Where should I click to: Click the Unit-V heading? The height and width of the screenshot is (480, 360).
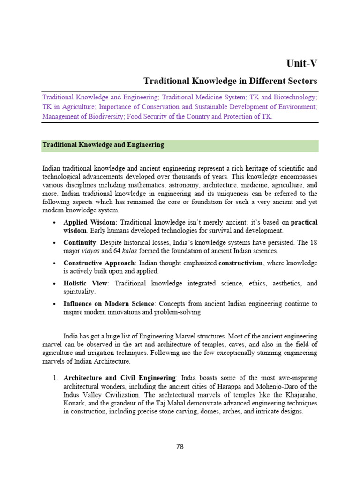(302, 63)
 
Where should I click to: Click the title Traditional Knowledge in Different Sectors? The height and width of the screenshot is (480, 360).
(231, 81)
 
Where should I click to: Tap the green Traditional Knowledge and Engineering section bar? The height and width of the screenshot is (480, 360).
(180, 145)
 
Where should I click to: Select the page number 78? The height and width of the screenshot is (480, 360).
(180, 447)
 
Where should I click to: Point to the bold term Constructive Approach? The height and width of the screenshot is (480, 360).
(99, 263)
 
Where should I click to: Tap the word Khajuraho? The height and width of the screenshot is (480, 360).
(303, 395)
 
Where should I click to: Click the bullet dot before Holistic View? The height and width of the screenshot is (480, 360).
(55, 284)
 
